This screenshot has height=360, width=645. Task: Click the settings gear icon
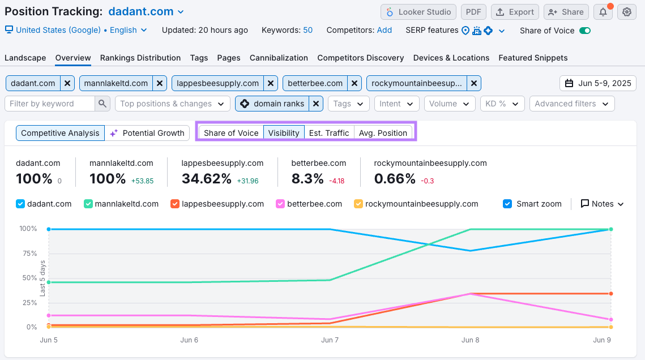(626, 12)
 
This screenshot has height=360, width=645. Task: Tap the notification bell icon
(603, 12)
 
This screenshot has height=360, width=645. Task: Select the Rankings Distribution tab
(140, 58)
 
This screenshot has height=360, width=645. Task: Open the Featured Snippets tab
(533, 58)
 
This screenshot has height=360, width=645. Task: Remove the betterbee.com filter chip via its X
(354, 83)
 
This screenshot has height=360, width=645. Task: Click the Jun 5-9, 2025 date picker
(598, 83)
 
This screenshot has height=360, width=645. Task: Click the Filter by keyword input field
(50, 104)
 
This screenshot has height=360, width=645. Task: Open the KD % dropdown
(501, 104)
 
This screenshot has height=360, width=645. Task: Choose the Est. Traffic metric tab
(329, 133)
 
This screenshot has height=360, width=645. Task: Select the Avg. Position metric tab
(383, 133)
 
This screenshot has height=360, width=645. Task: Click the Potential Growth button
(147, 133)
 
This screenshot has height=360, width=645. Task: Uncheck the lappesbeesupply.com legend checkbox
(175, 204)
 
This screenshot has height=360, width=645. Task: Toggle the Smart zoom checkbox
(507, 204)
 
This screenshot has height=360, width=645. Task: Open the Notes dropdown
(603, 204)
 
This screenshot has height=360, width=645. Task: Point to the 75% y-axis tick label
(28, 254)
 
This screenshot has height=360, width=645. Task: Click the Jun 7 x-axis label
(330, 340)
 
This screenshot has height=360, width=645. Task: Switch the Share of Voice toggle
(585, 31)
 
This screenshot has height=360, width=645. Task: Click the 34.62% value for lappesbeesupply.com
(207, 179)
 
